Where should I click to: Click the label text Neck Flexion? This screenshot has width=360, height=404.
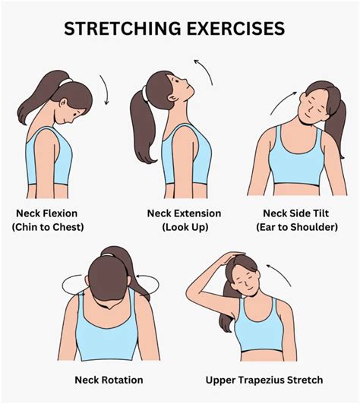click(x=46, y=213)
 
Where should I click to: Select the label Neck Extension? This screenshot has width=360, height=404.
click(x=185, y=213)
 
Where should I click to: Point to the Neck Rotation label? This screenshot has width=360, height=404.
click(x=109, y=380)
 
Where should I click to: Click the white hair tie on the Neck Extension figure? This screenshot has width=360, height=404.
click(x=142, y=96)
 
